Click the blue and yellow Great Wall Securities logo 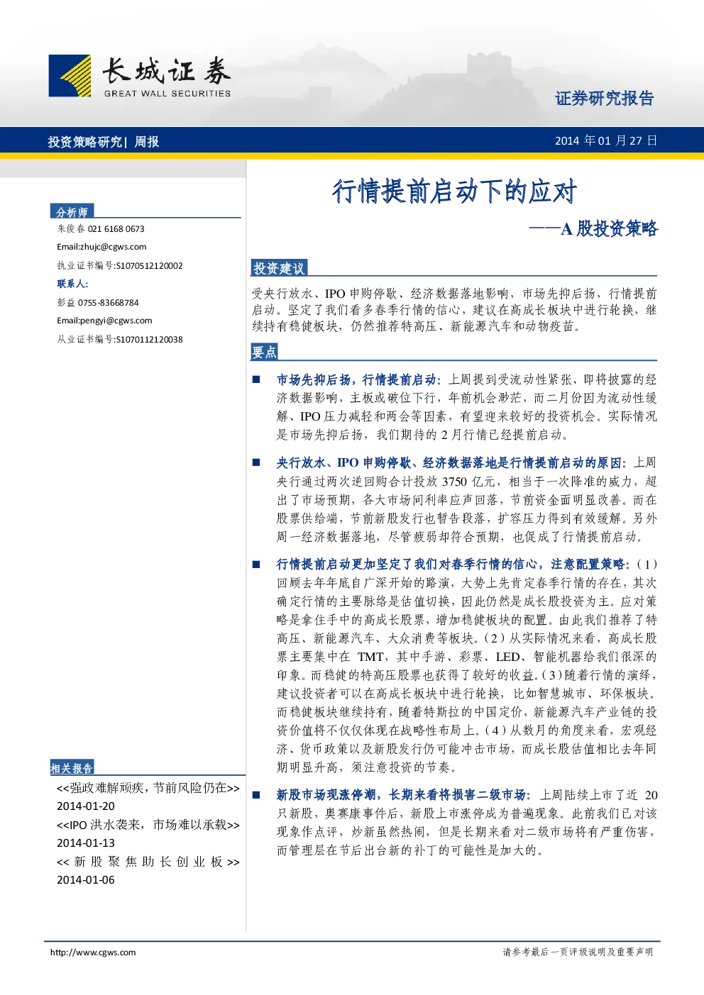tap(70, 75)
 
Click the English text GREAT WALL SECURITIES tap(167, 94)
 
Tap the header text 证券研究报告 tap(605, 98)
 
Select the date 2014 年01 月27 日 tap(606, 141)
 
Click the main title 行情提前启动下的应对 tap(454, 191)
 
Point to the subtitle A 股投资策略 tap(609, 229)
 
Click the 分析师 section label tap(72, 212)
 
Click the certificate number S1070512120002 tap(149, 266)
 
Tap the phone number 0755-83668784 tap(109, 303)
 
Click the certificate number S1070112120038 tap(149, 340)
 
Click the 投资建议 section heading tap(279, 268)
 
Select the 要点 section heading tap(265, 352)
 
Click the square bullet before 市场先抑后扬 tap(256, 379)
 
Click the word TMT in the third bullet tap(370, 657)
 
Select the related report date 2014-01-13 tap(86, 843)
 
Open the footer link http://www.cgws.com tap(93, 952)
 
